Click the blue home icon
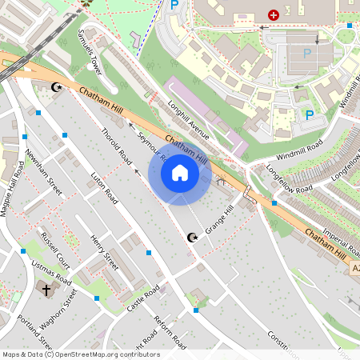180,172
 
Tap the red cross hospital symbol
274,14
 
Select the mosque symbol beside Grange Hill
192,237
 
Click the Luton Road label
104,188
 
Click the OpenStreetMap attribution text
81,354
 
